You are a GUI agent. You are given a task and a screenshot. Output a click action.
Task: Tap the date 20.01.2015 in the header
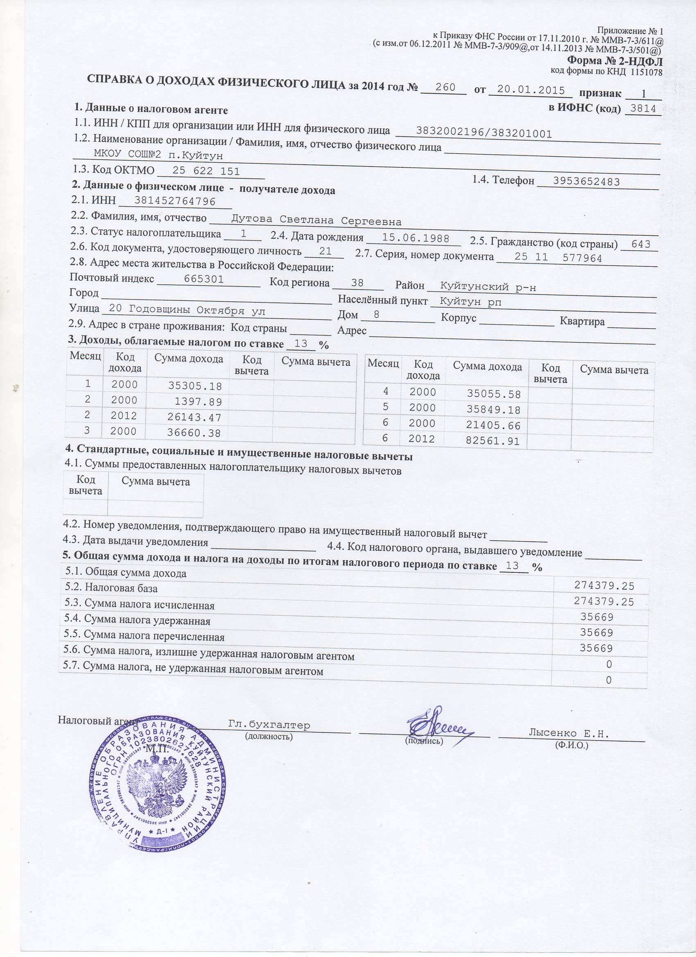pyautogui.click(x=531, y=90)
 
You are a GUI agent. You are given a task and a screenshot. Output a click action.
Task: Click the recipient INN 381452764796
pyautogui.click(x=174, y=201)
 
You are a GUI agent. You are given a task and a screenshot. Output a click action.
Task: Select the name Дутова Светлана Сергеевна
pyautogui.click(x=316, y=221)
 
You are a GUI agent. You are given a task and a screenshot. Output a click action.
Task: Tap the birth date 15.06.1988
pyautogui.click(x=415, y=238)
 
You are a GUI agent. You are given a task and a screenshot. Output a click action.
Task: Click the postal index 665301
pyautogui.click(x=204, y=279)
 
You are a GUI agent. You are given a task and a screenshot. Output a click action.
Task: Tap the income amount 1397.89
pyautogui.click(x=200, y=401)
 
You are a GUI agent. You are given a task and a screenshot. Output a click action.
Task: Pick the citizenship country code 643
pyautogui.click(x=641, y=244)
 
